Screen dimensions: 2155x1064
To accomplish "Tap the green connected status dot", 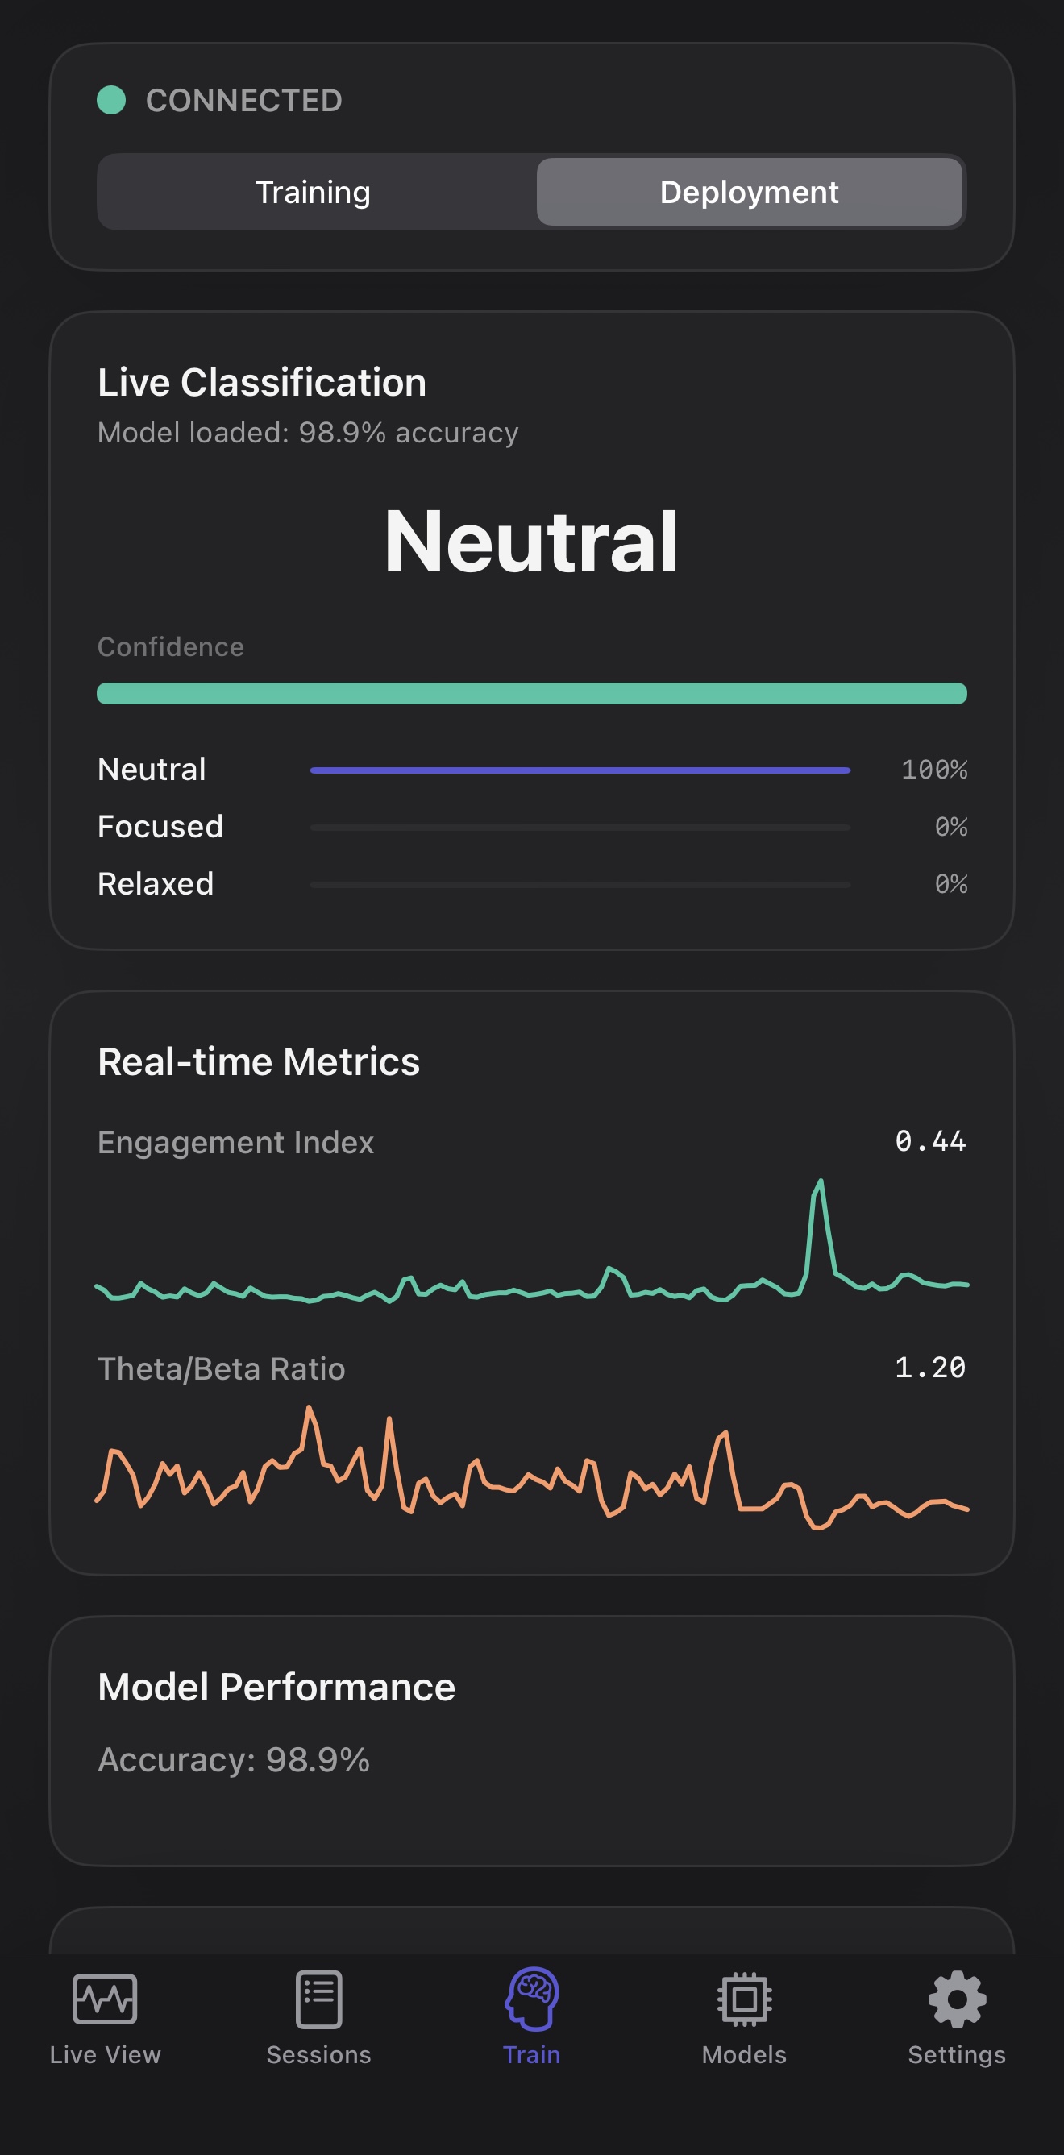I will (x=111, y=101).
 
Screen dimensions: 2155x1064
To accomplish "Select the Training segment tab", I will (x=313, y=193).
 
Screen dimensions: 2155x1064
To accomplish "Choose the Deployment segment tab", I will (x=749, y=193).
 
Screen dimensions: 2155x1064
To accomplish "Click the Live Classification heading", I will (x=262, y=382).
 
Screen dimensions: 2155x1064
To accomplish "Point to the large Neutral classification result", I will (x=531, y=542).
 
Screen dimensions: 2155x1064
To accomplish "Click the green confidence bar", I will (x=531, y=694).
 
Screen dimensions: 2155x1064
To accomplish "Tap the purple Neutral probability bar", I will (x=580, y=770).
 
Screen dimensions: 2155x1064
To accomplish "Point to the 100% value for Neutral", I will (x=933, y=770).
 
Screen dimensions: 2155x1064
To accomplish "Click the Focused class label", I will (x=160, y=827).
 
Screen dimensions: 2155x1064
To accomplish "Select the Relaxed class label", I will (x=156, y=883).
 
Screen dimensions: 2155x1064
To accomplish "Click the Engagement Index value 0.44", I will (x=930, y=1141).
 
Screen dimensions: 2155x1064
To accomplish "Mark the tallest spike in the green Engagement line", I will (x=821, y=1182).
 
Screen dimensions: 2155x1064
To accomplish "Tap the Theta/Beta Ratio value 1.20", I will (x=930, y=1368).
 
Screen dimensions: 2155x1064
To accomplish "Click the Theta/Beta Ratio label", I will (x=222, y=1368).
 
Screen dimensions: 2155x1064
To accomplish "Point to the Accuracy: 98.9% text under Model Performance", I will (x=234, y=1759).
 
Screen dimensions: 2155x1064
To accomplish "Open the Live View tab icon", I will (x=105, y=1999).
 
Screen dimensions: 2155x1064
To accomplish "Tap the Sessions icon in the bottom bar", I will (x=318, y=1999).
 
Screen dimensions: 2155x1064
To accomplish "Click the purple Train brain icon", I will (x=532, y=1999).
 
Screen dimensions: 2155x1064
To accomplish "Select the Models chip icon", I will (x=745, y=1999).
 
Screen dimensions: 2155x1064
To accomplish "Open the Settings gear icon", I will (x=957, y=1999).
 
